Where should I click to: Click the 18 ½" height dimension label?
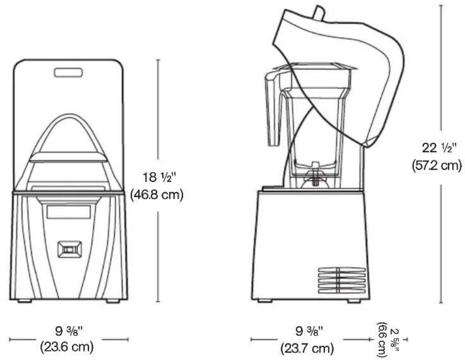[156, 179]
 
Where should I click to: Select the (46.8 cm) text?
[156, 195]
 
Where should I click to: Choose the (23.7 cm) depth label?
[309, 349]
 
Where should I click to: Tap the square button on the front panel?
[69, 249]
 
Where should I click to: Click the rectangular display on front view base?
[68, 213]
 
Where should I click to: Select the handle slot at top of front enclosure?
[69, 72]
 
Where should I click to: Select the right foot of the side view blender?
[354, 301]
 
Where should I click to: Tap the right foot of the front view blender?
[112, 301]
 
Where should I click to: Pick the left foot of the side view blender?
[265, 301]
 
